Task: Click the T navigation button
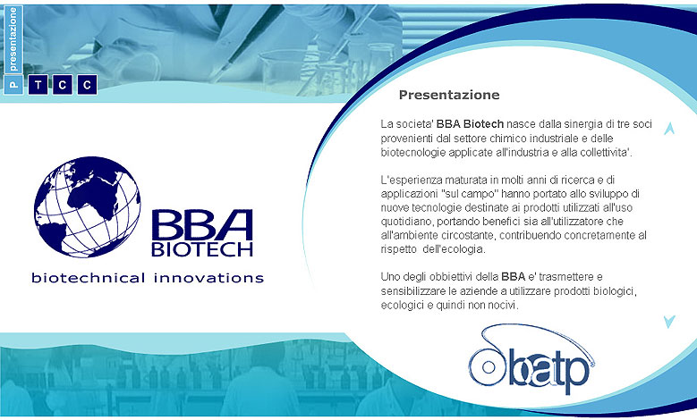38,84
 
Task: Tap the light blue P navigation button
13,84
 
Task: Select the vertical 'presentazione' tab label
13,39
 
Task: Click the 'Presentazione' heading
449,95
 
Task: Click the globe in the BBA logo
87,207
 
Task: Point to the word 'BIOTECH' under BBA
202,249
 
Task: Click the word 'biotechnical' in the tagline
89,278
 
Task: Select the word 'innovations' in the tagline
209,279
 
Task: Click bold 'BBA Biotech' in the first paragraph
470,124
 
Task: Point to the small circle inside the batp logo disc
489,367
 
